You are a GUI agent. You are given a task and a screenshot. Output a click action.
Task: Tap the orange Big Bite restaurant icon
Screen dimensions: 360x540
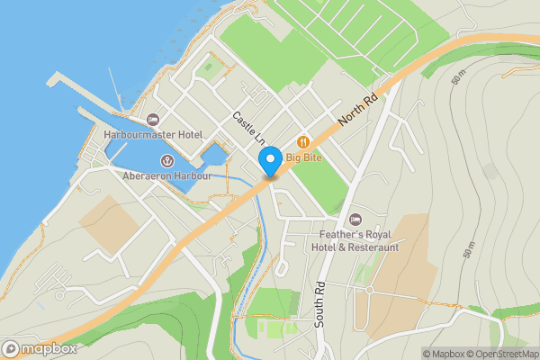303,141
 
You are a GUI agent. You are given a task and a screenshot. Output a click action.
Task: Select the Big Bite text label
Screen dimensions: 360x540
305,157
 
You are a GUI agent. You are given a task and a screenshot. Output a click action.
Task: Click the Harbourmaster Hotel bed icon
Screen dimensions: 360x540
152,119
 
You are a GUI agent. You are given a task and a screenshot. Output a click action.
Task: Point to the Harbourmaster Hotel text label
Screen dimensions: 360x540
152,134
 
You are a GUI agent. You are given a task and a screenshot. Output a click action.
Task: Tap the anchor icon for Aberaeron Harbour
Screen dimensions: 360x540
166,160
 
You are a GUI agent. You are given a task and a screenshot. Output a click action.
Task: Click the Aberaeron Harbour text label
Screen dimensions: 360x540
167,175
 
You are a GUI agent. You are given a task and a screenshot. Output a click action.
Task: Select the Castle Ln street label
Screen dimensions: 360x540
247,129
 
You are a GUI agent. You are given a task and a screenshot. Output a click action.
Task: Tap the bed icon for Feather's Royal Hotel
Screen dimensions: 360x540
355,219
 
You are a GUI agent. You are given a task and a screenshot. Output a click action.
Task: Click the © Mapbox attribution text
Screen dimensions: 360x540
448,354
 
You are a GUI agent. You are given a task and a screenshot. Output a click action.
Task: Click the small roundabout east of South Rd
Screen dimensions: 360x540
369,290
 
